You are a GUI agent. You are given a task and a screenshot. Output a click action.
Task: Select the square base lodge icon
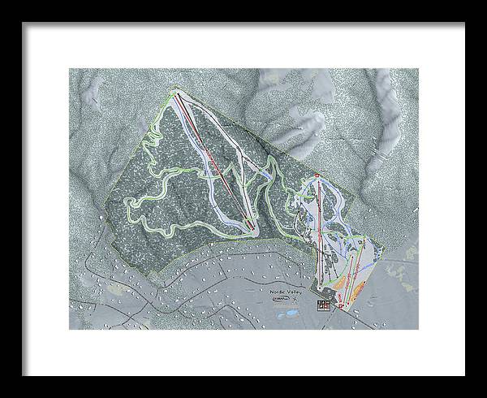tap(325, 305)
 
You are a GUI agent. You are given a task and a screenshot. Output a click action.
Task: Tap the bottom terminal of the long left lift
tap(255, 231)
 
